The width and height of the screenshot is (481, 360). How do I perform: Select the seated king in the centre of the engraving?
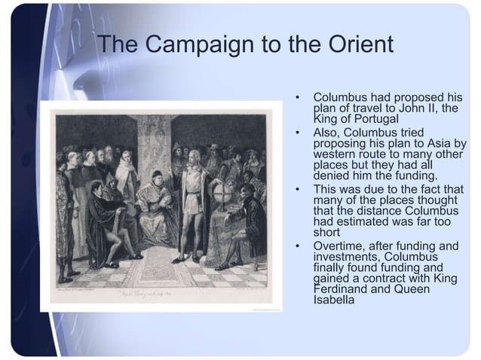point(155,203)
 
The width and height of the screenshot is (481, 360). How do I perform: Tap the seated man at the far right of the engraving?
point(245,218)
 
